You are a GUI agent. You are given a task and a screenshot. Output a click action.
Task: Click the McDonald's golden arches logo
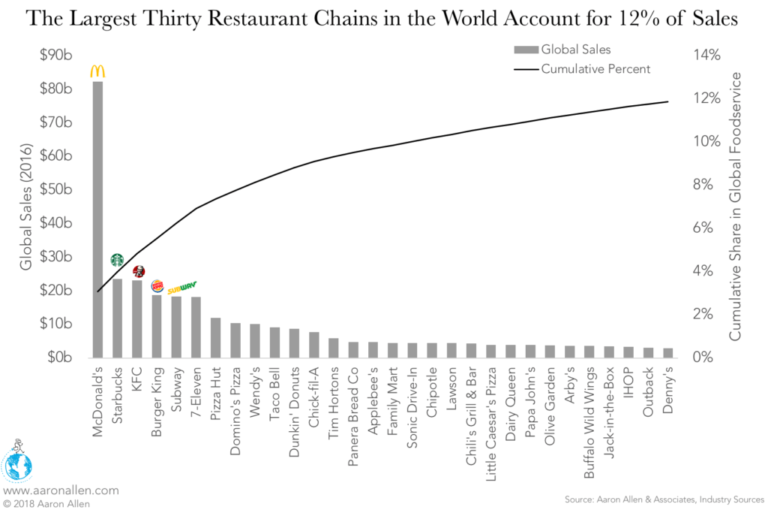(97, 71)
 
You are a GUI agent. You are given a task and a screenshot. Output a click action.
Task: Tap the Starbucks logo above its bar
(117, 260)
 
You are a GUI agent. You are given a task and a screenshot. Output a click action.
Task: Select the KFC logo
(138, 271)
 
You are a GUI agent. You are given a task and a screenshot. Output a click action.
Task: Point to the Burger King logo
(157, 285)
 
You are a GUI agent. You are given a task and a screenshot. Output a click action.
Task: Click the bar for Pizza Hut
(215, 337)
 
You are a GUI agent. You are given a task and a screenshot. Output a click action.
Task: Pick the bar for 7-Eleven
(196, 327)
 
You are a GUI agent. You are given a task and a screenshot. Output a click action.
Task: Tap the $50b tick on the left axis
(55, 189)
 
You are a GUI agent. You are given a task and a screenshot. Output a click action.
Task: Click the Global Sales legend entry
(562, 50)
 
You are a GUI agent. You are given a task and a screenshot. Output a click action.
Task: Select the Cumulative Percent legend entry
(581, 69)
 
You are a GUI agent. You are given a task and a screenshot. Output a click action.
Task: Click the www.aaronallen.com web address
(61, 490)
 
